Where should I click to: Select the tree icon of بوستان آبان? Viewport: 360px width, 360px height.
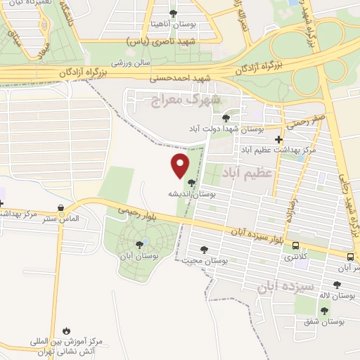point(139,245)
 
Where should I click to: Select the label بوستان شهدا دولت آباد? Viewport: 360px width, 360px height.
point(226,129)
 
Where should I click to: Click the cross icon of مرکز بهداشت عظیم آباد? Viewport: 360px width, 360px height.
point(279,139)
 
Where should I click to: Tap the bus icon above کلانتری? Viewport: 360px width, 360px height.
point(295,246)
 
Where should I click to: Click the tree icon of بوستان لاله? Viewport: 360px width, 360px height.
point(337,285)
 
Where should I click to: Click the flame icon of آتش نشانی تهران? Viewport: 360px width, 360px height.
point(65,330)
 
